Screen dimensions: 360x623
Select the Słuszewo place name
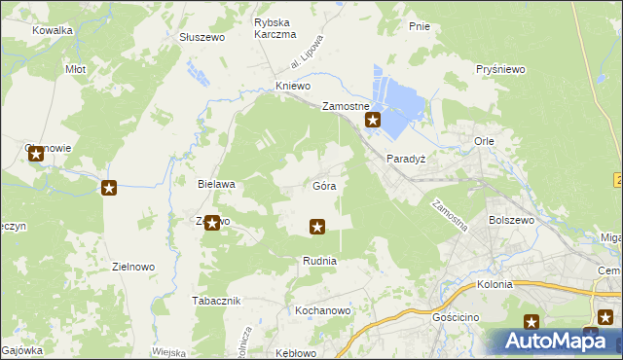(x=202, y=37)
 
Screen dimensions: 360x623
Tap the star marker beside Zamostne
(x=372, y=121)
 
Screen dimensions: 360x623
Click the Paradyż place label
(x=408, y=158)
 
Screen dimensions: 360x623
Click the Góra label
(x=325, y=185)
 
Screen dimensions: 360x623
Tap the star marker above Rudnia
(x=316, y=228)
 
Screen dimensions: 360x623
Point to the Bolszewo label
(x=513, y=221)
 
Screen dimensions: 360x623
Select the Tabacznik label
(x=216, y=300)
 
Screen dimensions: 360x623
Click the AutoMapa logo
(x=553, y=341)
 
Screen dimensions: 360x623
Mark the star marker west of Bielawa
(x=109, y=188)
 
